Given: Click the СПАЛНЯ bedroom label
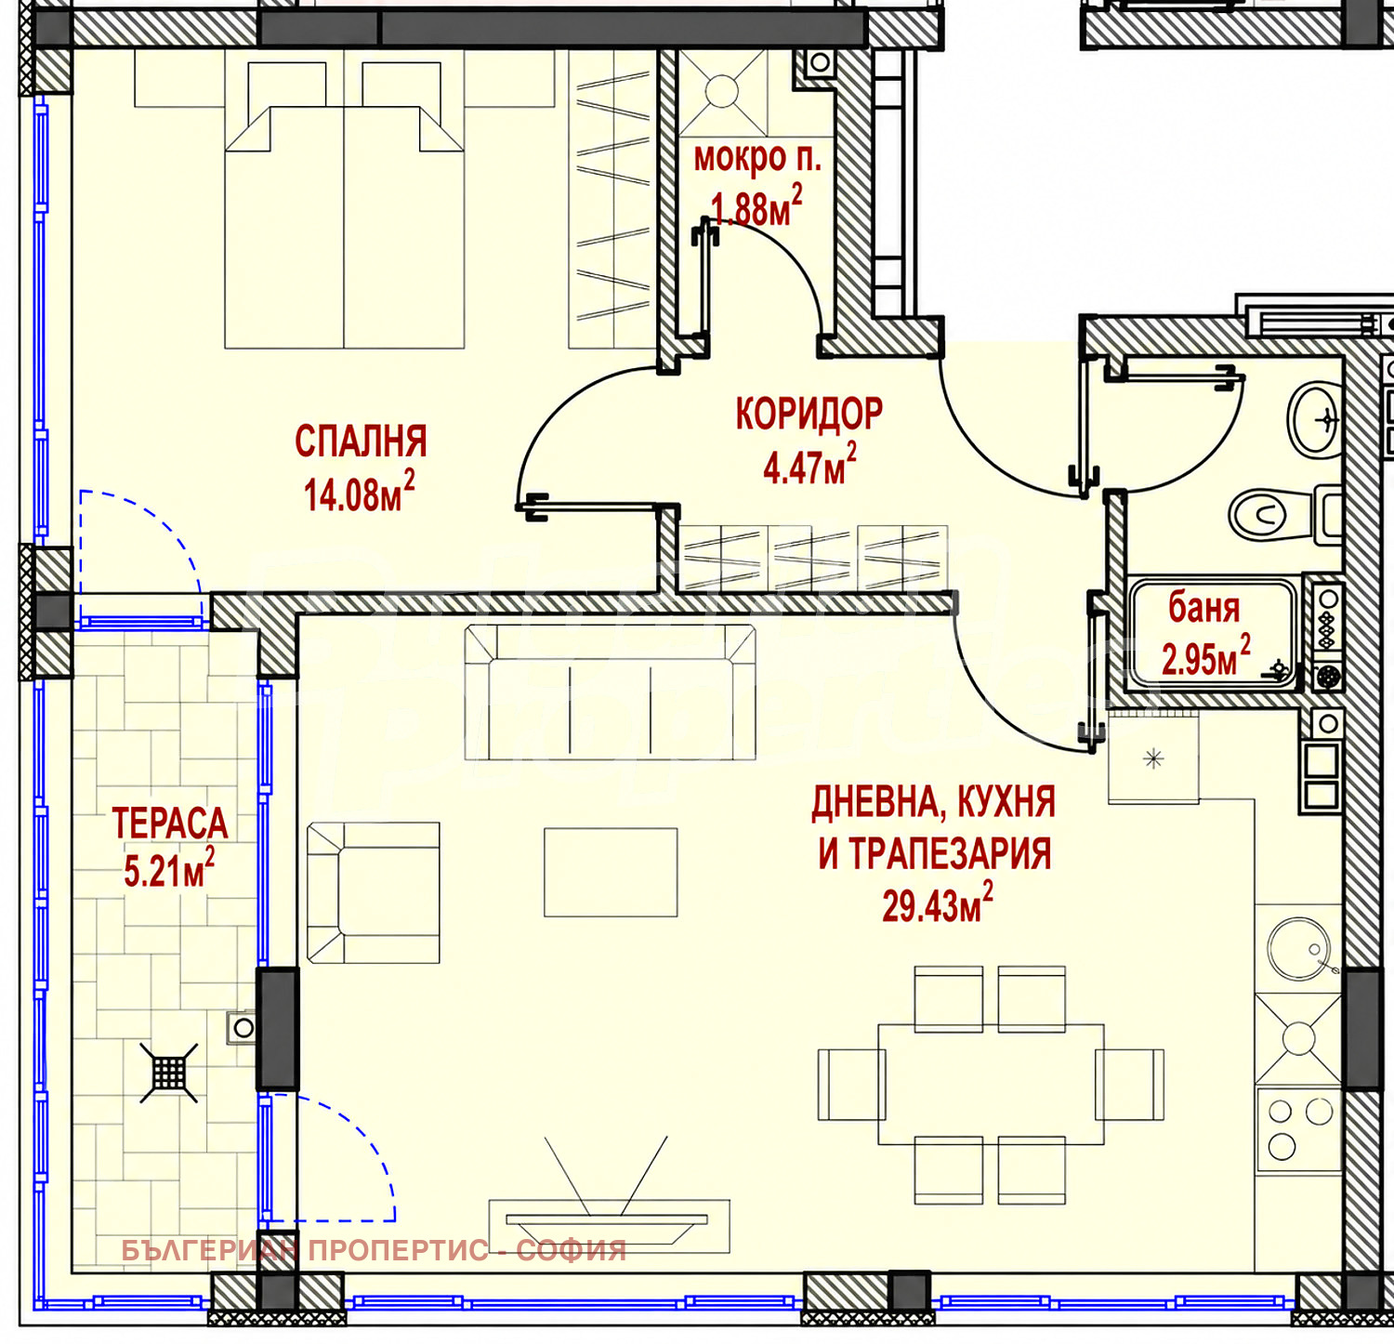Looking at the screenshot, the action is click(361, 441).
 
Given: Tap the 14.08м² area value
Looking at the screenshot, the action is click(359, 493).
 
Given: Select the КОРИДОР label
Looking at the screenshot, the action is click(809, 415).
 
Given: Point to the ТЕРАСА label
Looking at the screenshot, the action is click(169, 824).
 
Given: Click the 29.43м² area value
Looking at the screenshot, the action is click(937, 904).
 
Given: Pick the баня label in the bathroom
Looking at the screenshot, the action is click(1203, 608).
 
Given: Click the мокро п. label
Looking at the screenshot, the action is click(757, 159).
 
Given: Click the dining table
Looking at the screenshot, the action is click(991, 1084).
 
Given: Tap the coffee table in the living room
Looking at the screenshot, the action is click(611, 873).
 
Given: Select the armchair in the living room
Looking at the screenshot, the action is click(374, 892).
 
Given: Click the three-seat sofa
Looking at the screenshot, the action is click(611, 692).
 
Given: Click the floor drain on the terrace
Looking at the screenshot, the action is click(169, 1073).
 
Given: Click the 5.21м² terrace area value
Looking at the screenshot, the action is click(169, 870).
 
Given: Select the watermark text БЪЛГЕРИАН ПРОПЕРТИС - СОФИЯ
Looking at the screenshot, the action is click(375, 1250).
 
